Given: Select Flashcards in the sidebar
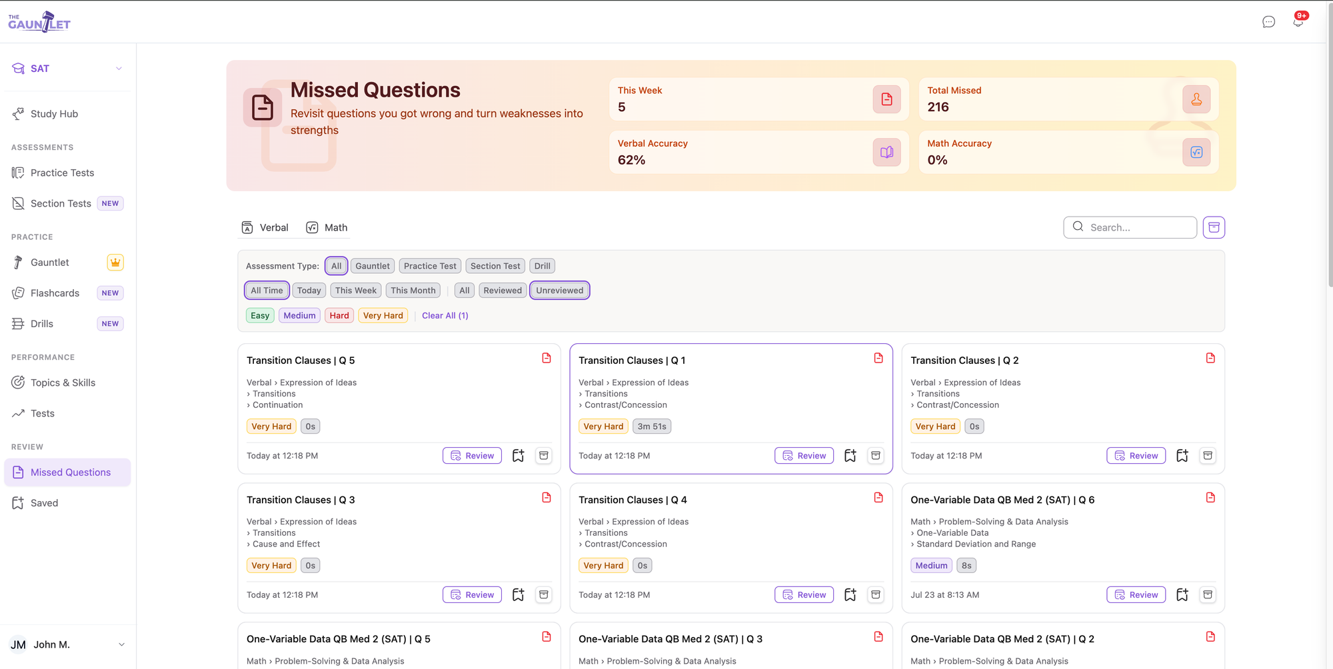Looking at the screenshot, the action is [55, 293].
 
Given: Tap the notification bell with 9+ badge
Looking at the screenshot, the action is [1298, 21].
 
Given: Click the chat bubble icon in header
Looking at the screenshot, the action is [1268, 22].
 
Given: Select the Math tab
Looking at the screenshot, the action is [327, 228].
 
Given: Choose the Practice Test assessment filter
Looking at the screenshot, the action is [430, 266].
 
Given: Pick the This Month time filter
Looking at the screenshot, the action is [413, 291].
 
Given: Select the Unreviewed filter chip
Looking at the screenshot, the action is [559, 291].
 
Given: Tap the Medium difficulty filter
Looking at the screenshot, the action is [299, 316].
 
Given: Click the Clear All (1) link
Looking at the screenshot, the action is [445, 316].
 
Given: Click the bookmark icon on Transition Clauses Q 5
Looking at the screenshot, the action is [518, 456].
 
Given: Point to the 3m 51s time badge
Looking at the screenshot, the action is [652, 426].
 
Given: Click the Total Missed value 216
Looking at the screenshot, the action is [938, 107].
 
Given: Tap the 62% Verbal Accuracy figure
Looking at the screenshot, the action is [631, 161].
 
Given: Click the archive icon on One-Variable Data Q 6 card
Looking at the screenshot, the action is [1208, 595].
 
